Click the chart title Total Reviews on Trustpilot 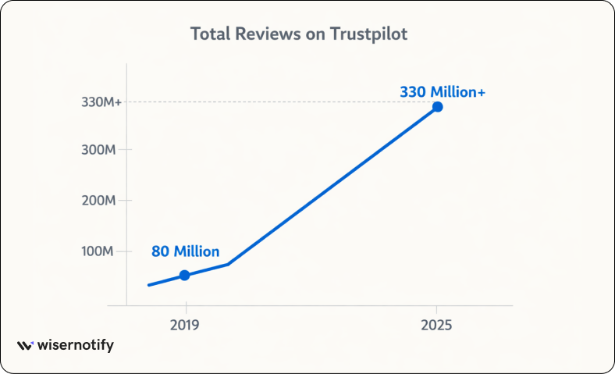point(299,34)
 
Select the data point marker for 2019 point(184,275)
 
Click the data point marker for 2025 point(438,106)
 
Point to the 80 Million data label point(185,251)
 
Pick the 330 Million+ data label point(442,91)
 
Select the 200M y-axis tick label point(98,201)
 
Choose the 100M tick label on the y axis point(98,251)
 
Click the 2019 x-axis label point(185,324)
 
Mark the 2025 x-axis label point(437,324)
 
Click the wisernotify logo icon point(25,345)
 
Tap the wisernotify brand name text point(76,345)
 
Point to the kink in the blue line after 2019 point(227,264)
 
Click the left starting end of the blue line point(148,285)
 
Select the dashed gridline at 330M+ point(273,102)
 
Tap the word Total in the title point(208,34)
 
